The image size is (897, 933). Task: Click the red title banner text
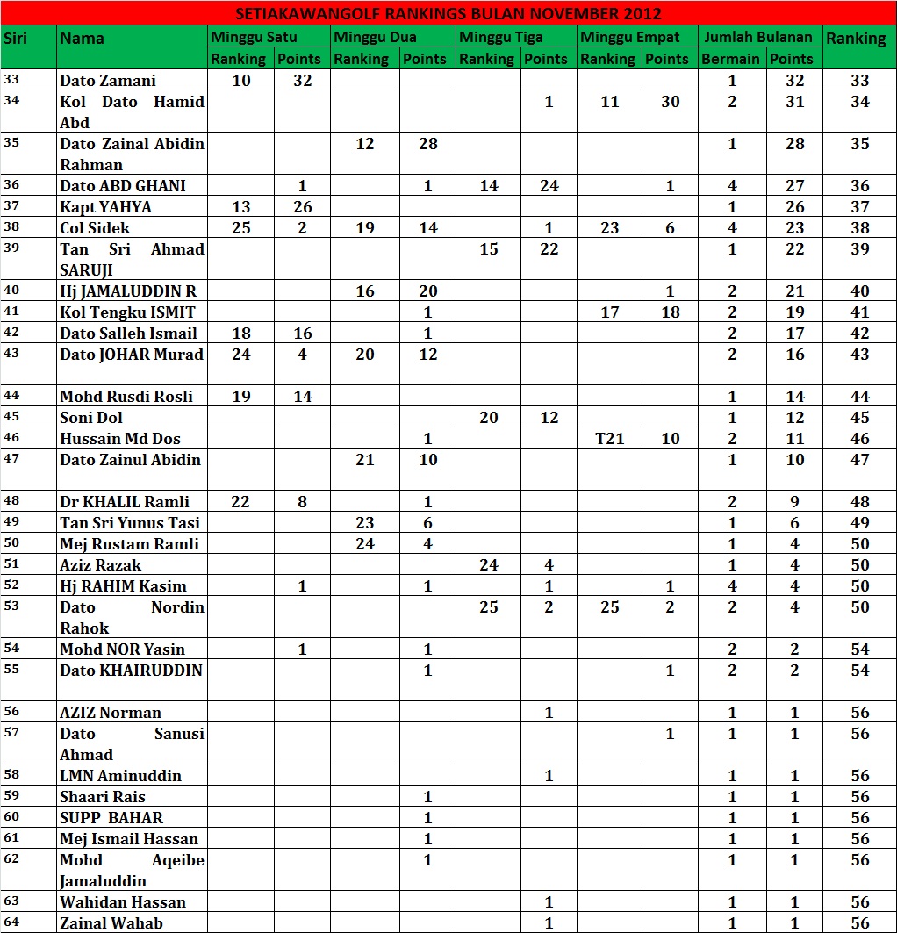(x=448, y=14)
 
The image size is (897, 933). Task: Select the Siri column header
(x=15, y=39)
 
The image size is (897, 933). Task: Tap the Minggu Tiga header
(x=501, y=38)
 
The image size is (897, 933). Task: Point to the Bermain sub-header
(x=730, y=59)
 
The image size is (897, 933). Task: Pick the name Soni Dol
(x=91, y=418)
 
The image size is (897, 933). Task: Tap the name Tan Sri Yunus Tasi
(x=130, y=523)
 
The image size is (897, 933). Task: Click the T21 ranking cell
(x=609, y=439)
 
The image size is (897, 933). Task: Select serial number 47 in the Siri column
(x=12, y=458)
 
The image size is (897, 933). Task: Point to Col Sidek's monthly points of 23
(x=794, y=228)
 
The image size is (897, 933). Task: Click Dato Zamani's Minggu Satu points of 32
(x=303, y=81)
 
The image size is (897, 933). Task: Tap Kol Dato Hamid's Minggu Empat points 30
(x=670, y=102)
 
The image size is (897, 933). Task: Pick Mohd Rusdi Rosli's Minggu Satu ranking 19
(x=241, y=397)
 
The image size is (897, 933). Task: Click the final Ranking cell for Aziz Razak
(x=859, y=565)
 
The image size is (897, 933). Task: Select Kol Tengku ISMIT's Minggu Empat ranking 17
(x=609, y=312)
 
